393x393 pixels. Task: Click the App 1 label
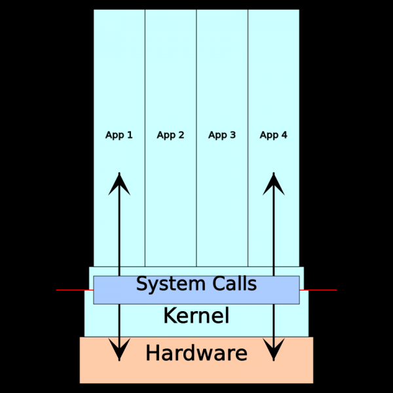(119, 135)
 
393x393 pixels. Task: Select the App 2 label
(170, 135)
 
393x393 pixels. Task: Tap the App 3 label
(222, 135)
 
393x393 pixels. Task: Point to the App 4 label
(273, 135)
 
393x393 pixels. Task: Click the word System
(164, 284)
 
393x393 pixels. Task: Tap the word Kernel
(196, 316)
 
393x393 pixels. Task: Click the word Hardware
(196, 354)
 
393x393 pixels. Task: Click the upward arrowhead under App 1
(119, 183)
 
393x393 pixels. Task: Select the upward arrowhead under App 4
(273, 183)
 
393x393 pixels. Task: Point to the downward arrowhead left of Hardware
(119, 350)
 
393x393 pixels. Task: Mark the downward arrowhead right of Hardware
(273, 350)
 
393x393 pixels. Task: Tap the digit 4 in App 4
(284, 135)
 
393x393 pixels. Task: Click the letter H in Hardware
(152, 354)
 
